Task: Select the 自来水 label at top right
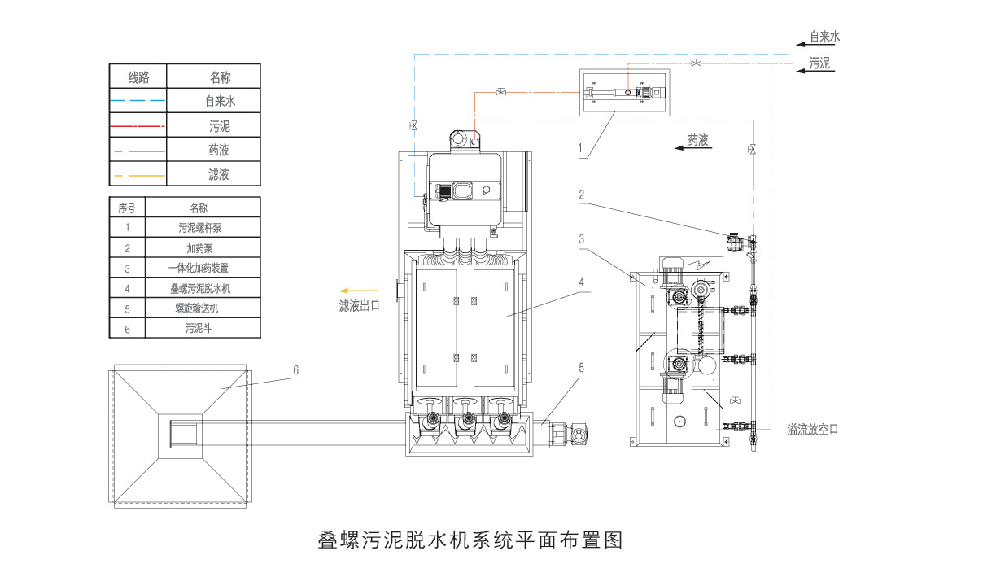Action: tap(824, 37)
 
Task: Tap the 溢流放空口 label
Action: tap(812, 429)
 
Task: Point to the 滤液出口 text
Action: tap(359, 307)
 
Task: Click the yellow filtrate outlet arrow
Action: tap(358, 290)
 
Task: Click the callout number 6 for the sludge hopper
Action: tap(296, 369)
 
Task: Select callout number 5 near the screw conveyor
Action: tap(582, 368)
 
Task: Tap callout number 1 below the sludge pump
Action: tap(580, 149)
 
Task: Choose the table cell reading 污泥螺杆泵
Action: tap(203, 227)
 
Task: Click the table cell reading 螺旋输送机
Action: tap(203, 308)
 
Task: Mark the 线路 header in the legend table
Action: tap(138, 77)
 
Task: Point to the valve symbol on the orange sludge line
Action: tap(697, 63)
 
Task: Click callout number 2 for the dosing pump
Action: tap(582, 195)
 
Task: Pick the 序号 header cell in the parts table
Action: tap(127, 208)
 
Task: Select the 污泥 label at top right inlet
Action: tap(819, 63)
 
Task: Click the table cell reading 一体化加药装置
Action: tap(203, 268)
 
